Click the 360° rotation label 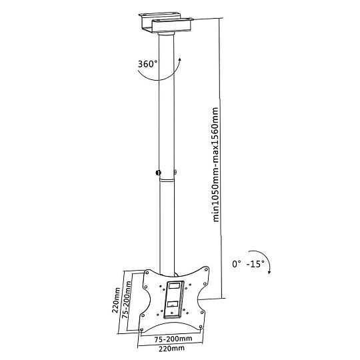(147, 64)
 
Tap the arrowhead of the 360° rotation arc (180, 60)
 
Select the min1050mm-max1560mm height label (215, 165)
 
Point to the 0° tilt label (237, 264)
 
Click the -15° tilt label (255, 264)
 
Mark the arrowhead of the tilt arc (269, 272)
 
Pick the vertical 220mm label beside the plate (116, 300)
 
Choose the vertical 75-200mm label (127, 299)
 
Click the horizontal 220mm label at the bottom (171, 349)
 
